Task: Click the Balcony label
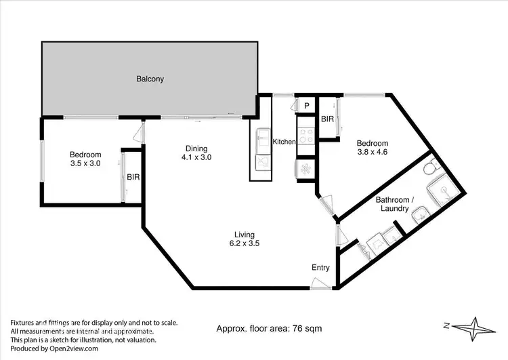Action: click(x=150, y=79)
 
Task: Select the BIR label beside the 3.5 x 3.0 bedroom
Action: click(x=133, y=177)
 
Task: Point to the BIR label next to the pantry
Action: click(x=328, y=119)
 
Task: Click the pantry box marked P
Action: click(x=306, y=106)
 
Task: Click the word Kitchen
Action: click(x=284, y=142)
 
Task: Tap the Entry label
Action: click(x=320, y=268)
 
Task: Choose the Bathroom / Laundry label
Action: click(x=394, y=204)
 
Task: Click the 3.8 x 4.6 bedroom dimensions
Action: click(x=373, y=153)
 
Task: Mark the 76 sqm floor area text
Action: click(x=269, y=329)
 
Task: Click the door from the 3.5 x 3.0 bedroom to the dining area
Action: click(x=140, y=132)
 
